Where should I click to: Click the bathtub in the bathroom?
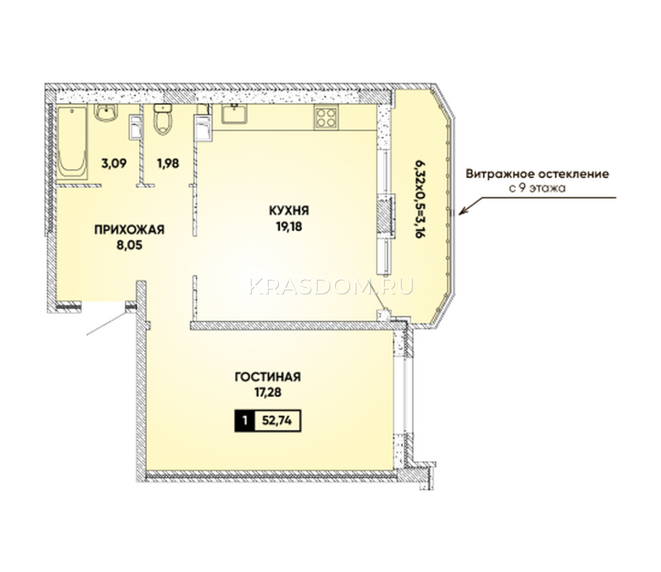[72, 143]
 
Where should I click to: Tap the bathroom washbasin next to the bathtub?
[106, 113]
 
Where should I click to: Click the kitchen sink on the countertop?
[234, 114]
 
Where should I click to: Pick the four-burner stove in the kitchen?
[326, 116]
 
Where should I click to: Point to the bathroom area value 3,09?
[114, 163]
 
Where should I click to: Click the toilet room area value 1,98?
[168, 163]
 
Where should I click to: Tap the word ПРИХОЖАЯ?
[129, 230]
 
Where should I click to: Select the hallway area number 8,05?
[129, 245]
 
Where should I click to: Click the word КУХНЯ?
[289, 211]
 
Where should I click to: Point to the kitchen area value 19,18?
[289, 226]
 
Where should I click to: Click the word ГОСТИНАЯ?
[268, 377]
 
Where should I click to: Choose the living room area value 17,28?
[268, 392]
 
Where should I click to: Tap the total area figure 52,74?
[277, 421]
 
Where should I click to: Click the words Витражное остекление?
[537, 174]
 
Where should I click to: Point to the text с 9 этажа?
[537, 189]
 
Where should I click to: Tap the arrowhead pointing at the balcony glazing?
[464, 212]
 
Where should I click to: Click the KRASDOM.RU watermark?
[331, 286]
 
